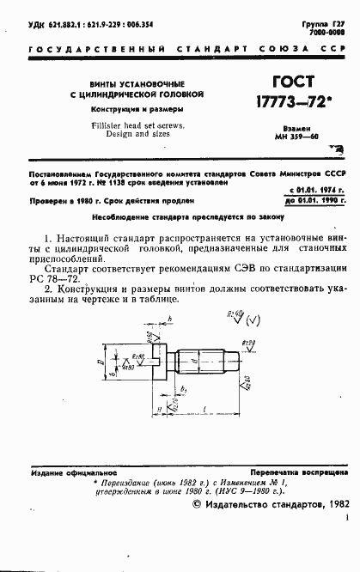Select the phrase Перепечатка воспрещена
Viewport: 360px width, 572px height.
coord(298,473)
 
